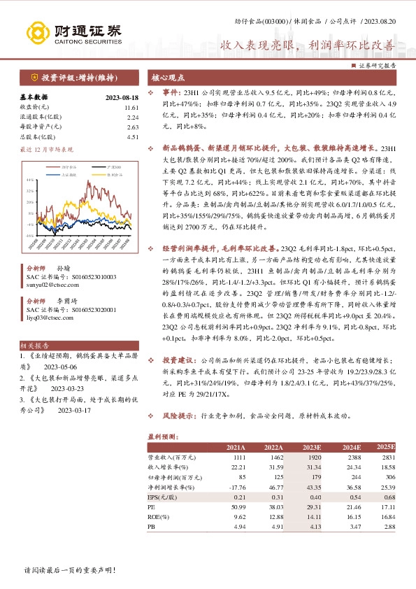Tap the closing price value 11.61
point(132,108)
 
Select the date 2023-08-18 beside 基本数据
point(122,98)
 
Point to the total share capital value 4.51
point(134,137)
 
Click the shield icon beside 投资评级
point(34,78)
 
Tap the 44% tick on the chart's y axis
point(29,180)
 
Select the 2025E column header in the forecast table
point(386,447)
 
